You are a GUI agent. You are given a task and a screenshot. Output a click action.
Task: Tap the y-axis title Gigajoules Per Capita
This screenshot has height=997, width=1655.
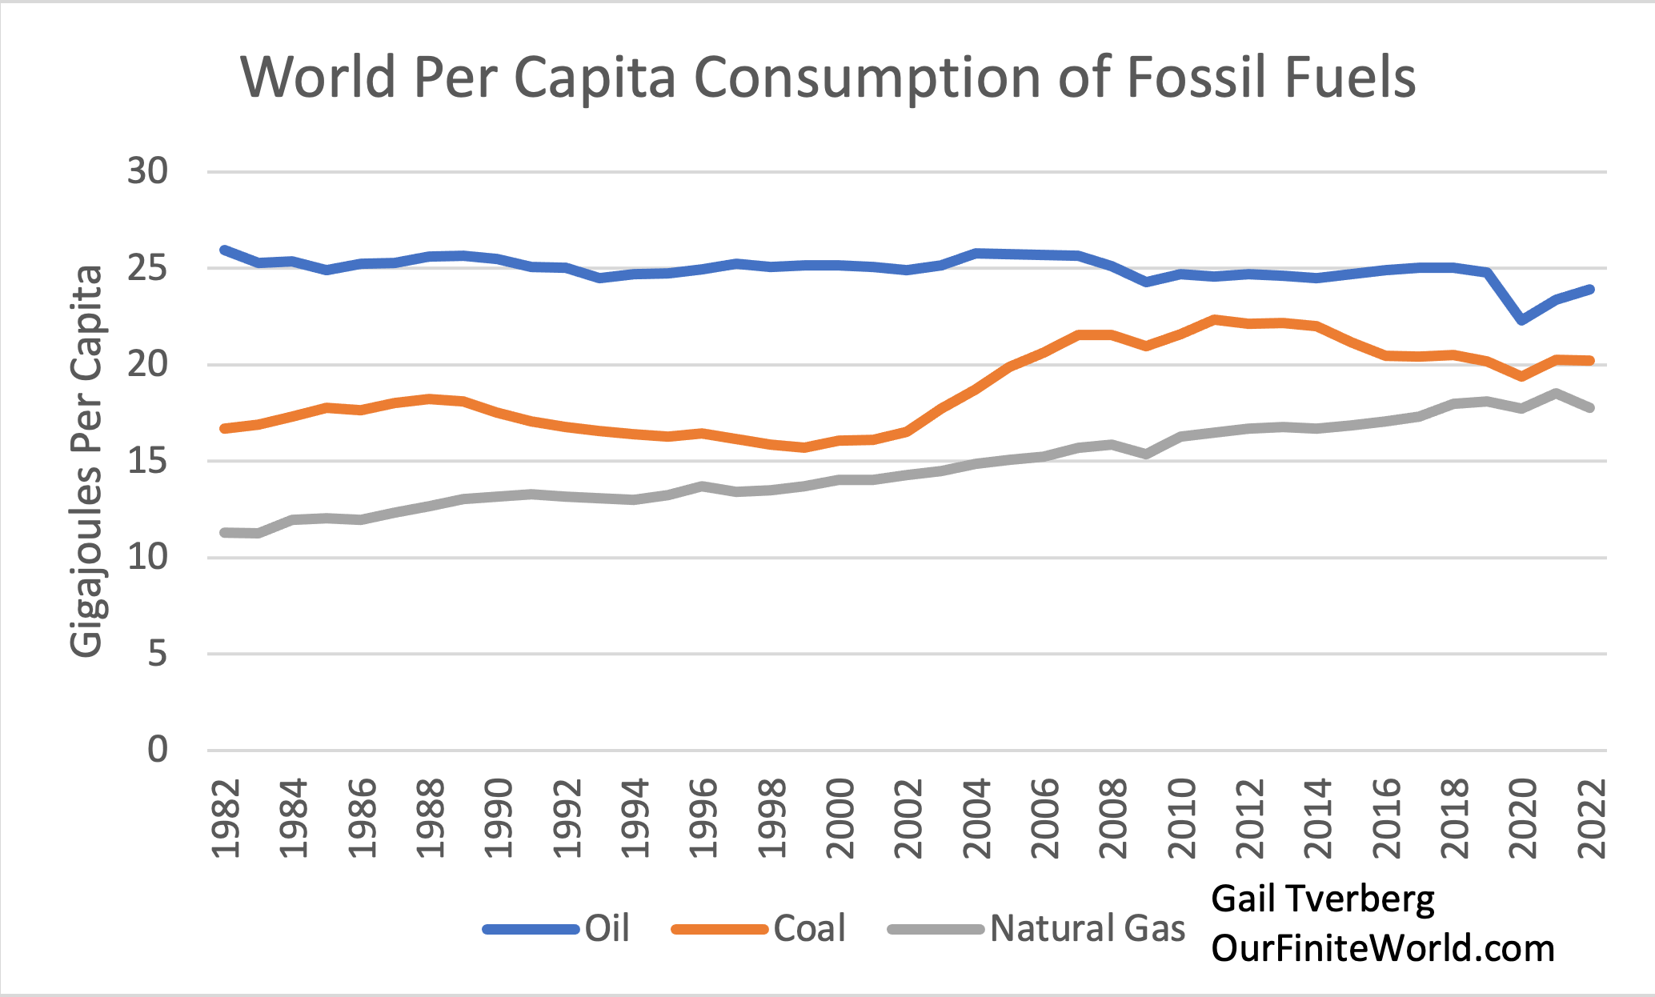coord(86,461)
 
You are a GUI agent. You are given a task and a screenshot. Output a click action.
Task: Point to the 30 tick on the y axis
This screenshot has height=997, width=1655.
coord(148,171)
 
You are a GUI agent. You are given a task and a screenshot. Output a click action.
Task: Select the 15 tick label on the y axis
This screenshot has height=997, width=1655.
coord(148,462)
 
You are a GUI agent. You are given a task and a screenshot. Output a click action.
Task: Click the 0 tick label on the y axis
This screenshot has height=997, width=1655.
coord(158,750)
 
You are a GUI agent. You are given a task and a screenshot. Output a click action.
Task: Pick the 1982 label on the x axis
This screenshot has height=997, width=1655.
coord(226,817)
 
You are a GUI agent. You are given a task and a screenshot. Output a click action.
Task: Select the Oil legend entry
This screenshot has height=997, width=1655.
coord(607,928)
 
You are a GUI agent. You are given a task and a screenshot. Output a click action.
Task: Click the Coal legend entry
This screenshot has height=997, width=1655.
coord(809,928)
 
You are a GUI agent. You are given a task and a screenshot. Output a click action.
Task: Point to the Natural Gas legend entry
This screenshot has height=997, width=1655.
coord(1087,928)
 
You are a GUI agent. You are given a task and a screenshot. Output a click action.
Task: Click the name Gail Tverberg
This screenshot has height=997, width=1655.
coord(1322,899)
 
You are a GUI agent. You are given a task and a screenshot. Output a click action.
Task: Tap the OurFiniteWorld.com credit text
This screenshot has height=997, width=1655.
coord(1382,948)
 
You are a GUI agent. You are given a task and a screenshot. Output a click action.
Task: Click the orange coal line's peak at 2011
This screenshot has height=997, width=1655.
coord(1215,319)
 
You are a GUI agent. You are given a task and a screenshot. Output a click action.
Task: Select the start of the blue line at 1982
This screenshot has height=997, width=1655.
coord(225,250)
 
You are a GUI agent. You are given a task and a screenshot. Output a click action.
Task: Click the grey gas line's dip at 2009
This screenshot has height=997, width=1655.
coord(1146,454)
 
